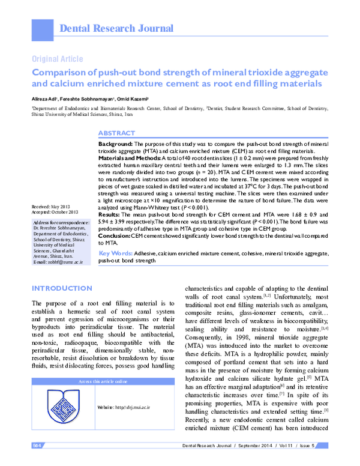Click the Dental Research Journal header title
coord(115,28)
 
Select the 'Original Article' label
coord(57,59)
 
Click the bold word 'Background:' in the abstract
coord(115,145)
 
